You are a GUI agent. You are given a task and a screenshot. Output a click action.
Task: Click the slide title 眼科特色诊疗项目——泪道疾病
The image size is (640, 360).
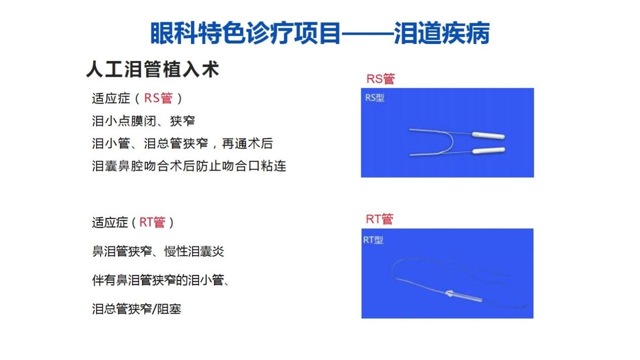[320, 33]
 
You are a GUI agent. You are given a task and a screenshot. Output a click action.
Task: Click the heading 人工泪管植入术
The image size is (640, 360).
[153, 69]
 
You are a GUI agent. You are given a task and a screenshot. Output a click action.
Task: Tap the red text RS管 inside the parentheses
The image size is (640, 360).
[158, 98]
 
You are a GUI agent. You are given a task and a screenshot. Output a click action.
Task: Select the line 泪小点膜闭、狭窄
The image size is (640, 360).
[143, 121]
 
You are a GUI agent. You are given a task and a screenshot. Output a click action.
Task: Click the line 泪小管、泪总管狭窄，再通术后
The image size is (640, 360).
[182, 143]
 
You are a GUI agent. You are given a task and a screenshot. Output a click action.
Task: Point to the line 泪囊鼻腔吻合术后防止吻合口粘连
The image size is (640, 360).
[189, 166]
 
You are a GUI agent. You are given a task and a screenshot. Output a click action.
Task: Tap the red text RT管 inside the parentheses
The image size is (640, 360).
[152, 222]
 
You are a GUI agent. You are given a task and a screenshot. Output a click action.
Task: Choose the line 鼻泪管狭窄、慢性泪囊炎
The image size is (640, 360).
[158, 251]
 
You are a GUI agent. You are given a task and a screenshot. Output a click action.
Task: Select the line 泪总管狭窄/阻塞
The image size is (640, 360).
[136, 309]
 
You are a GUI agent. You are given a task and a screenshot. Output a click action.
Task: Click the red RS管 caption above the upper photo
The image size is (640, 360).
[380, 78]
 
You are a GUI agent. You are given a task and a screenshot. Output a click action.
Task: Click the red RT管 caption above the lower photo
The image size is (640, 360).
[380, 219]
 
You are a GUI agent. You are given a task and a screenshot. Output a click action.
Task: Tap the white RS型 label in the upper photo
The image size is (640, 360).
[375, 98]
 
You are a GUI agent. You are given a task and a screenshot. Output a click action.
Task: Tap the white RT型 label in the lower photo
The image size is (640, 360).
[373, 240]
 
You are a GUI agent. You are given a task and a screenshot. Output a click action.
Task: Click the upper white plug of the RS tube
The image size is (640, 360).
[488, 136]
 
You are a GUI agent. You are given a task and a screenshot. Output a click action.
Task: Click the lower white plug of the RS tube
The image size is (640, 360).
[488, 150]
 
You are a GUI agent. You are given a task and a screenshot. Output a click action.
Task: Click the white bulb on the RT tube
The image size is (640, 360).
[450, 293]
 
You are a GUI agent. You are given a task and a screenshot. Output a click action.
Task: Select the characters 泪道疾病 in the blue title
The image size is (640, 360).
[441, 33]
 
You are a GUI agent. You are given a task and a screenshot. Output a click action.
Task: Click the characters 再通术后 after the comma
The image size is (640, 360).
[247, 143]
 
